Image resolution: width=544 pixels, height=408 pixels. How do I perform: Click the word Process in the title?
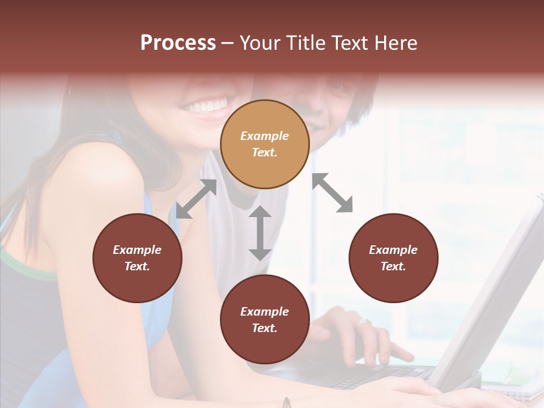click(x=178, y=43)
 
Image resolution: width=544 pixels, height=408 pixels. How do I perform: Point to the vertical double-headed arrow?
click(x=260, y=233)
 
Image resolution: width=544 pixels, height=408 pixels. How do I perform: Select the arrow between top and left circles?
click(x=196, y=198)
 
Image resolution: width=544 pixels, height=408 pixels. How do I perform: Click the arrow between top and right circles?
click(x=333, y=193)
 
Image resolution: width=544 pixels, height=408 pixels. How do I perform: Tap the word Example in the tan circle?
click(x=265, y=136)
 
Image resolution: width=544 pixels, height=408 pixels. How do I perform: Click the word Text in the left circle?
click(x=137, y=266)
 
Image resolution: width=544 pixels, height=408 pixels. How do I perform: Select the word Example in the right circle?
click(x=393, y=250)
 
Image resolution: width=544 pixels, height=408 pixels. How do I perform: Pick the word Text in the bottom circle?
click(x=265, y=328)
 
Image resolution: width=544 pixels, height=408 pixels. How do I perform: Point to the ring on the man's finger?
click(x=364, y=322)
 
